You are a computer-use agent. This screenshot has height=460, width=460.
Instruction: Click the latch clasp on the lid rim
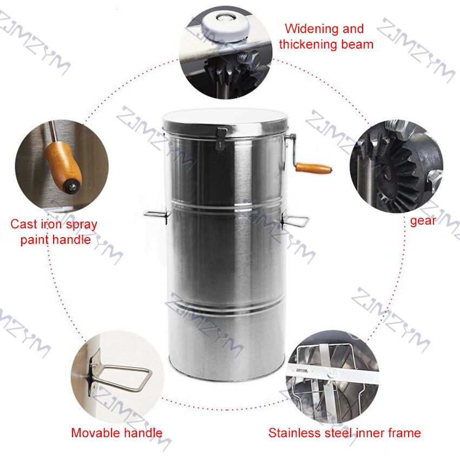click(x=221, y=136)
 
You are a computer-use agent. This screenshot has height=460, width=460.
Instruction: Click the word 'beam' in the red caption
click(x=355, y=44)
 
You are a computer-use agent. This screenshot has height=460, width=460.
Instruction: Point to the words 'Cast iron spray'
click(x=54, y=224)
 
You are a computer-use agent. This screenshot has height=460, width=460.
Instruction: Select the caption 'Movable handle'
click(x=116, y=432)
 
